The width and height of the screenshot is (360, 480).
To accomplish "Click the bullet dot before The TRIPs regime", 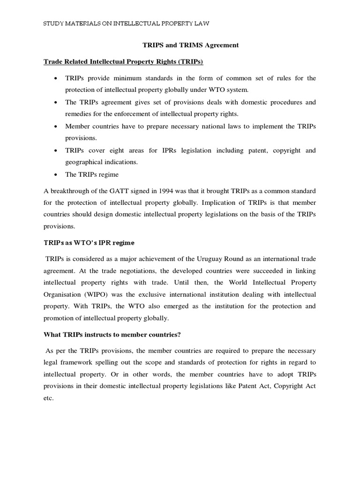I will [56, 175].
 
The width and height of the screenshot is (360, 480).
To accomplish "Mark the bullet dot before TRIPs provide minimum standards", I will [56, 78].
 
